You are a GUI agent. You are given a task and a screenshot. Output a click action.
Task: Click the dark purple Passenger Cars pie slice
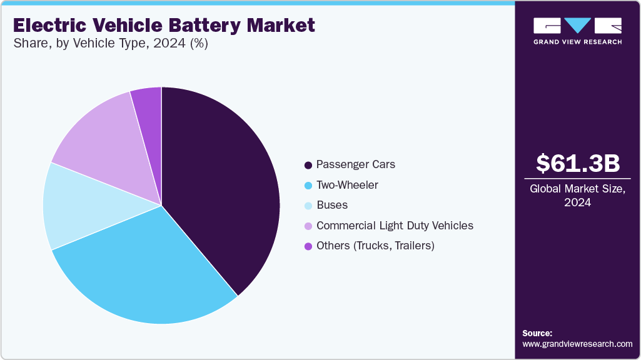219,187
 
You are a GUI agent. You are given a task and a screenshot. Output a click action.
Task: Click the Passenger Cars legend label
355,165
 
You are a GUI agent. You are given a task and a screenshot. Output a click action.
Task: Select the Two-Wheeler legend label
347,185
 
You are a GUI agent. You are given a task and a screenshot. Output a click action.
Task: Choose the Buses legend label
332,205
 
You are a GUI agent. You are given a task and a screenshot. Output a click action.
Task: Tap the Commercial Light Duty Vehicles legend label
395,226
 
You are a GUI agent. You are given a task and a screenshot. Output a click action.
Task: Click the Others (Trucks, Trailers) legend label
375,246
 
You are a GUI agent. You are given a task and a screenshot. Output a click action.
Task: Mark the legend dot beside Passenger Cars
308,166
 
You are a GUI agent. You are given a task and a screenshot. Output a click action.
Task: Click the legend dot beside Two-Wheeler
308,186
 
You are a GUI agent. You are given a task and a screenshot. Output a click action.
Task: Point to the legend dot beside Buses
308,206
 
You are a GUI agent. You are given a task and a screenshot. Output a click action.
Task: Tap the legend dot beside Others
308,246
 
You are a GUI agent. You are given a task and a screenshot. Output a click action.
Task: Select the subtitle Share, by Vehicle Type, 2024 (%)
110,44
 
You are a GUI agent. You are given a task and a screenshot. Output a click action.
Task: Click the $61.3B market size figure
578,163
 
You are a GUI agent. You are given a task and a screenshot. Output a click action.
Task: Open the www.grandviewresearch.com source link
577,344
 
